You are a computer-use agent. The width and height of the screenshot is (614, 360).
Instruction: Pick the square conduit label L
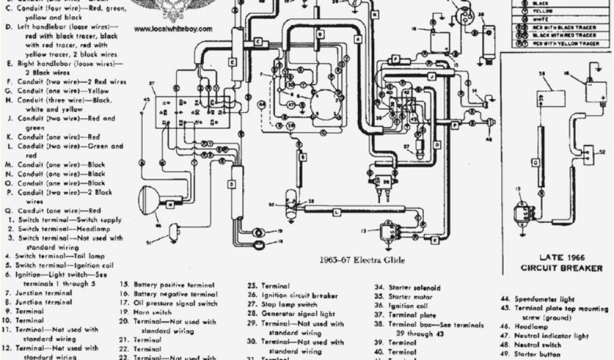click(336, 211)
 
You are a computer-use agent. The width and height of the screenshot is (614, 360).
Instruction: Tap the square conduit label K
click(434, 239)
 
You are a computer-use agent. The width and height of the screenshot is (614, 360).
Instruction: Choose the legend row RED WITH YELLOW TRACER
click(565, 43)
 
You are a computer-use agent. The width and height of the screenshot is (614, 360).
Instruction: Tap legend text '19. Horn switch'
click(153, 313)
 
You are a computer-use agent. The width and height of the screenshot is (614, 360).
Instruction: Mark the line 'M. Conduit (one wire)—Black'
click(56, 164)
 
